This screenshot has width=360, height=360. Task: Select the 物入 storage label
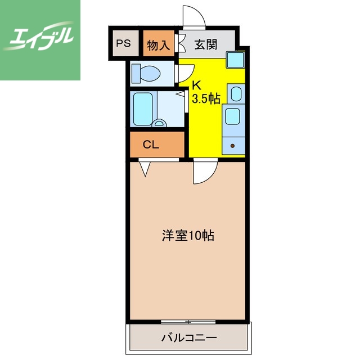pos(158,45)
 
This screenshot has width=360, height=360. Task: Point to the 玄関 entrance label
pos(206,45)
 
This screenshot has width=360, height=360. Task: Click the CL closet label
pos(151,145)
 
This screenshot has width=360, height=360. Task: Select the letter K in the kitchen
pos(196,86)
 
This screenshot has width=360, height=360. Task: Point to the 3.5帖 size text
pos(206,99)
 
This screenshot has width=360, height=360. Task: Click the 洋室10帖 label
pos(188,236)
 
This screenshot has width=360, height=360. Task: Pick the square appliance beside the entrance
pos(236,59)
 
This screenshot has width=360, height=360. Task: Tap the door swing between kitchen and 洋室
pos(204,172)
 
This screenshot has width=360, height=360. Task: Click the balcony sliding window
pos(188,322)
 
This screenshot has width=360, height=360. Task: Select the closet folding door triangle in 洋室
pos(145,168)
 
